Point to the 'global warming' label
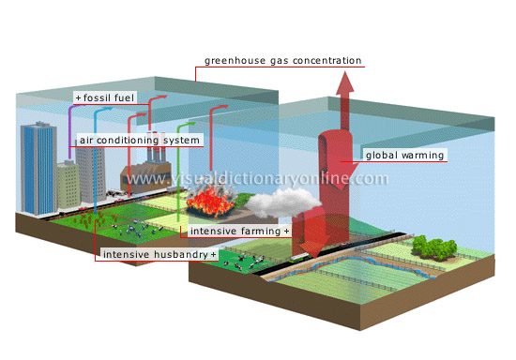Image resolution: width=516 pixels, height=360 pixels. pos(404,155)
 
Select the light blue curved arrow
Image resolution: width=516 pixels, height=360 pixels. pos(97,122)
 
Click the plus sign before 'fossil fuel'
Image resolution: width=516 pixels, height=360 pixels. pos(79,97)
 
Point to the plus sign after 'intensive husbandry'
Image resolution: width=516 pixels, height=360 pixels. pos(213,254)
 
